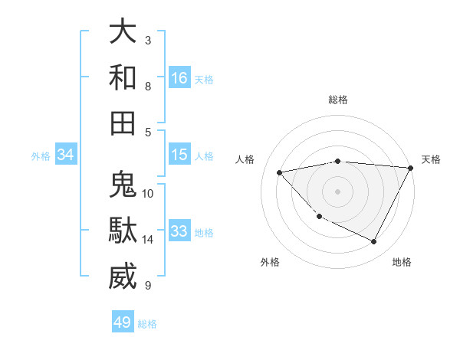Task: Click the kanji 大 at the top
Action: click(123, 32)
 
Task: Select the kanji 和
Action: click(123, 77)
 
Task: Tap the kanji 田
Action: click(123, 123)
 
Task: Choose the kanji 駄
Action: click(123, 231)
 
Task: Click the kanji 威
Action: click(123, 277)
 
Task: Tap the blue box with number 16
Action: click(179, 77)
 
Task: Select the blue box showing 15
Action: click(179, 155)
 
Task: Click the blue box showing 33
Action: click(179, 231)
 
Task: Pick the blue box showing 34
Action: click(66, 155)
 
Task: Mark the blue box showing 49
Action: click(123, 322)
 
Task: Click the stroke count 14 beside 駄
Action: click(148, 240)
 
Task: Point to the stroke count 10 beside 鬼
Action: click(148, 193)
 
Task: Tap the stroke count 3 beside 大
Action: click(147, 40)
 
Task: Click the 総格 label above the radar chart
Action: click(338, 100)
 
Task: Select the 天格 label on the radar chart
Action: click(431, 159)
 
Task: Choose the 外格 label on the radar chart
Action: click(270, 262)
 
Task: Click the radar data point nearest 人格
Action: click(280, 172)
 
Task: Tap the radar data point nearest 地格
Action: click(374, 242)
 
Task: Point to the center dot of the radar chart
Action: click(338, 191)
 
